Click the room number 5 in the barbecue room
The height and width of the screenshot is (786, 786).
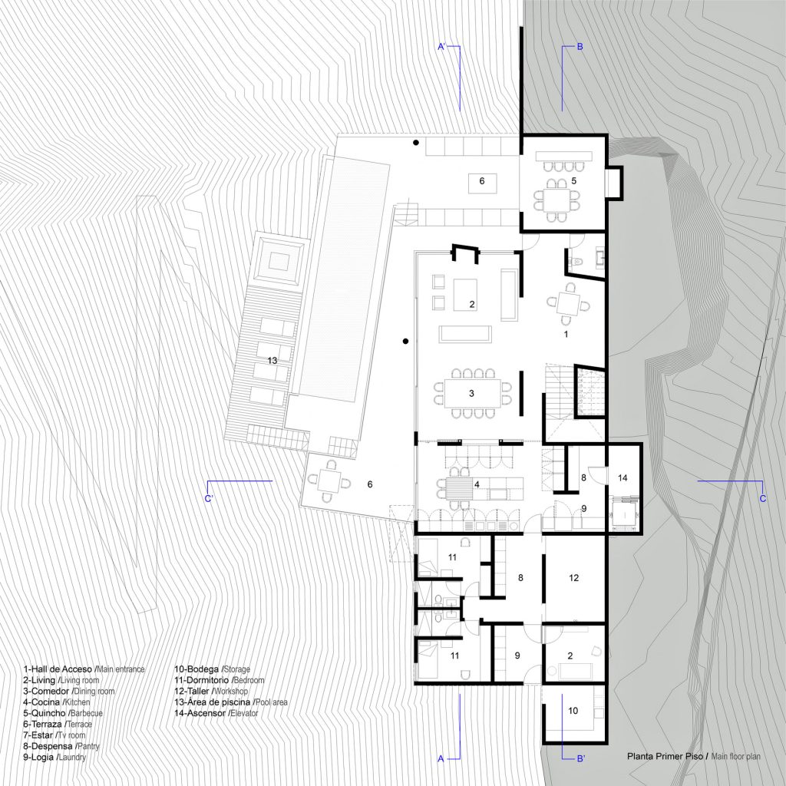pyautogui.click(x=574, y=180)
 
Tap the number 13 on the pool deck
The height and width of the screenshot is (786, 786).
pyautogui.click(x=272, y=361)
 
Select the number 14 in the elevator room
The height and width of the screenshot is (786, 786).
pyautogui.click(x=623, y=478)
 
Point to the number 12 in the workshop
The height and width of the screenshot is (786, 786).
pyautogui.click(x=574, y=578)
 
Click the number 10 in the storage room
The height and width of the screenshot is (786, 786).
pyautogui.click(x=573, y=710)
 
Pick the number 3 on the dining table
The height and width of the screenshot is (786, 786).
pyautogui.click(x=471, y=394)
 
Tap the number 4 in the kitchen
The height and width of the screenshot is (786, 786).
pyautogui.click(x=477, y=484)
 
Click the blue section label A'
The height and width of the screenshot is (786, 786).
pyautogui.click(x=441, y=47)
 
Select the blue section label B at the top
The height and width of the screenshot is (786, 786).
pyautogui.click(x=580, y=47)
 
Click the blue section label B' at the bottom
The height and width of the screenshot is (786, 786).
pyautogui.click(x=581, y=758)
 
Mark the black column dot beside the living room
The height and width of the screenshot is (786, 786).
pyautogui.click(x=405, y=342)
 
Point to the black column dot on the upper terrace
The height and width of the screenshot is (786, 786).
pyautogui.click(x=415, y=143)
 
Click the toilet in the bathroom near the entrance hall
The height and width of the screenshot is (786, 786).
pyautogui.click(x=576, y=261)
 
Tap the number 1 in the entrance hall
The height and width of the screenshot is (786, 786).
pyautogui.click(x=566, y=334)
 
